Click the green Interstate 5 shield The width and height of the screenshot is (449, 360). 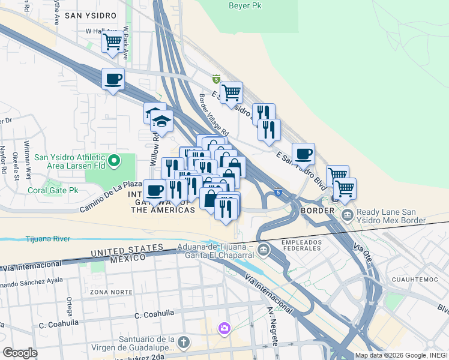[x=216, y=79]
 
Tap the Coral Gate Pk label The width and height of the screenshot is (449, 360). [x=53, y=190]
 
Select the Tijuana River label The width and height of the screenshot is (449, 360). [x=48, y=239]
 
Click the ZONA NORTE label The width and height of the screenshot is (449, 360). [x=106, y=292]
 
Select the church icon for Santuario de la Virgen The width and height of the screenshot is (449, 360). [x=184, y=343]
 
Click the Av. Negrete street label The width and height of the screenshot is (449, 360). [x=272, y=327]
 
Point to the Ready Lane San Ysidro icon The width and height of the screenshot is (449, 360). [x=346, y=215]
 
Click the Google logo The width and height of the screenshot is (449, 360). [x=20, y=353]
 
